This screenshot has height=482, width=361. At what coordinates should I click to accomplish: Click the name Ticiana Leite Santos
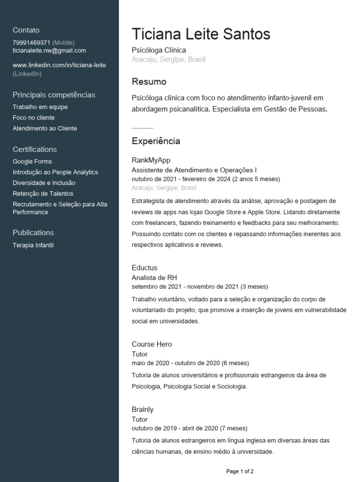201,34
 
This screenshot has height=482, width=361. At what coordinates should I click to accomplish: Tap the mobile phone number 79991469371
31,42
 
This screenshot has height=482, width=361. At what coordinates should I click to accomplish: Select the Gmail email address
49,50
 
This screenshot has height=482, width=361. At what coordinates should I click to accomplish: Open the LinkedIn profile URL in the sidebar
59,65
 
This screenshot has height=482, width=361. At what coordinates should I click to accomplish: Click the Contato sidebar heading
26,30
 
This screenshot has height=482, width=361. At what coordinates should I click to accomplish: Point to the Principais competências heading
54,95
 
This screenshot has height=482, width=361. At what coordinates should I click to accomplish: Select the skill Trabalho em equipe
40,107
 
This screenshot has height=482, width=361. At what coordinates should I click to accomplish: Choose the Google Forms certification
32,161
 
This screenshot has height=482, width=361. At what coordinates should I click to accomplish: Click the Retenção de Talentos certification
43,193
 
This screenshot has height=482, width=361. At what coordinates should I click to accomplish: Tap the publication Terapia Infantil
33,245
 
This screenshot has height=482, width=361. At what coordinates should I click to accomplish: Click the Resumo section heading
149,82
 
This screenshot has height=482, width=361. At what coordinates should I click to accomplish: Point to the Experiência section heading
156,141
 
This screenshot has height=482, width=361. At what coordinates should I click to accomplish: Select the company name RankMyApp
151,160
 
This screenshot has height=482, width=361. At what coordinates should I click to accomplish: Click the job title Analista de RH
154,278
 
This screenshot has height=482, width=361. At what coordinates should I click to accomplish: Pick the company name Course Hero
152,344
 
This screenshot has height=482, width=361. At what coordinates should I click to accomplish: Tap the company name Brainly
142,410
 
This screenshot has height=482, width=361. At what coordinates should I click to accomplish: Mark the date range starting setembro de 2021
200,286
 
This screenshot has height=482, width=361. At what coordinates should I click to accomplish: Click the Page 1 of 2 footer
240,471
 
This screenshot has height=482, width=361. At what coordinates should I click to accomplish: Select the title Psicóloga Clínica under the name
159,50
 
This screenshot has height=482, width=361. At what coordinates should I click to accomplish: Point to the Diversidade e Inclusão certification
44,183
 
